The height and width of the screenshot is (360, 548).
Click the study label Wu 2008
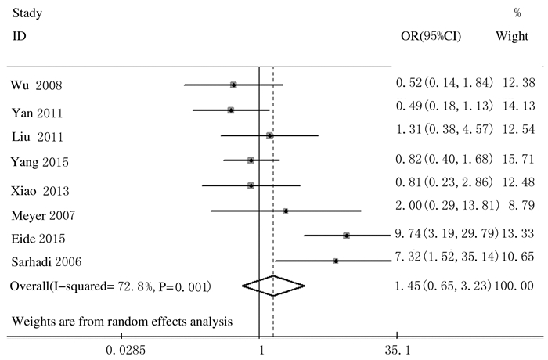[x=37, y=85]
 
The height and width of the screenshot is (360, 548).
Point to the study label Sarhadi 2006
[x=45, y=261]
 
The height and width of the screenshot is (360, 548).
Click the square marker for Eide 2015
[x=346, y=235]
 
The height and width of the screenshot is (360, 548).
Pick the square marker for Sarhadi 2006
[x=335, y=260]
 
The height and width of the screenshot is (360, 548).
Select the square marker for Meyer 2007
[x=286, y=211]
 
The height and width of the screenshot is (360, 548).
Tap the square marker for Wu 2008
[x=233, y=85]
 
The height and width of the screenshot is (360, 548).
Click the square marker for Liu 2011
[x=270, y=135]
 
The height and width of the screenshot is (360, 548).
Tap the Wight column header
[x=512, y=37]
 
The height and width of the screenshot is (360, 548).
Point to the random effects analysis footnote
[x=121, y=321]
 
